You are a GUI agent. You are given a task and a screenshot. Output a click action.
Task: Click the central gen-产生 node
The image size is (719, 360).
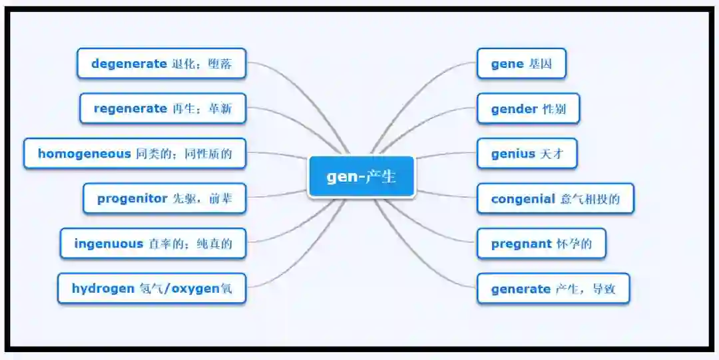(x=361, y=177)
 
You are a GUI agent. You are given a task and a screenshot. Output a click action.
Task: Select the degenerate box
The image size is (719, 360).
(x=161, y=64)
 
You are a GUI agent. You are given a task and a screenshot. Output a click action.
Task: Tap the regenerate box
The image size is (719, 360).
(x=162, y=108)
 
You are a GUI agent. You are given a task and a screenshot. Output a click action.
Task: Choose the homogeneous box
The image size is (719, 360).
(x=134, y=154)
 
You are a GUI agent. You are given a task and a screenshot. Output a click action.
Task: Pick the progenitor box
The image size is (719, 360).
(x=164, y=198)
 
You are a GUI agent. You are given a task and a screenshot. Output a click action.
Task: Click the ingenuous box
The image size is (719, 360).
(x=153, y=244)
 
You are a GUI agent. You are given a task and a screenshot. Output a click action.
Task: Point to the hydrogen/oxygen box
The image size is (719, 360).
(x=152, y=289)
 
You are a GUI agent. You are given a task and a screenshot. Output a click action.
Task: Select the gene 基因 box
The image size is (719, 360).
(x=521, y=64)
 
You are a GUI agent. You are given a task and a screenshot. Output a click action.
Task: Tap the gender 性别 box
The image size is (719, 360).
(x=528, y=108)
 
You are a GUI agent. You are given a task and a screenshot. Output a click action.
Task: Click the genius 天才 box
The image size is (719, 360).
(x=526, y=154)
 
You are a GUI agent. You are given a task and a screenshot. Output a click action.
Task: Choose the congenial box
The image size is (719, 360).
(x=555, y=198)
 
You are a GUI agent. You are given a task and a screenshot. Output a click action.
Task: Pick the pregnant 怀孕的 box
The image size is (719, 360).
(x=541, y=244)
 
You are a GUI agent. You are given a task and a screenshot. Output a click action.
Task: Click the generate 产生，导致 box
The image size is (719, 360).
(x=553, y=289)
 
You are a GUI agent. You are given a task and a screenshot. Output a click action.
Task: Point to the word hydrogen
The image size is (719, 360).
(x=103, y=289)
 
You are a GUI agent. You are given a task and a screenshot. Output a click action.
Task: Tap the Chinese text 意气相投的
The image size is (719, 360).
(x=590, y=198)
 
